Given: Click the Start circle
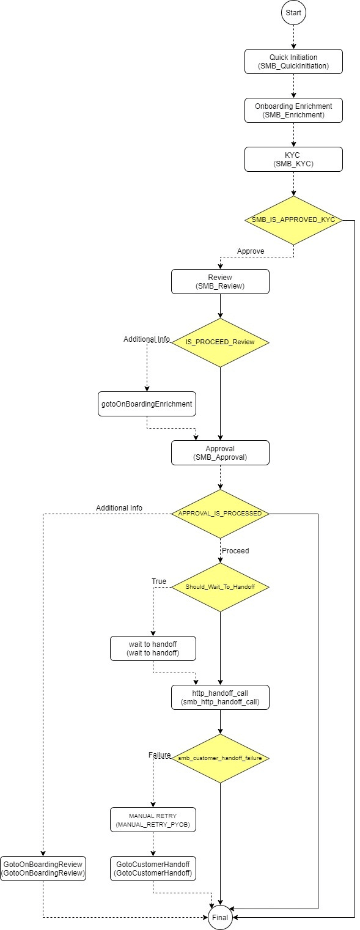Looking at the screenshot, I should tap(293, 12).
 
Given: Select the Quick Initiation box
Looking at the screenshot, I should tap(293, 61).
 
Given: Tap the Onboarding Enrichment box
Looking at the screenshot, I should tap(293, 110).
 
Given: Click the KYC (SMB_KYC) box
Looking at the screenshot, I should tap(293, 159).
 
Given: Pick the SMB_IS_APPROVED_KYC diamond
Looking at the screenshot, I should tap(293, 220).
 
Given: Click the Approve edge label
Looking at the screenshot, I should tap(250, 251).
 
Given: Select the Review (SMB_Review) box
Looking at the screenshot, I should tap(220, 281).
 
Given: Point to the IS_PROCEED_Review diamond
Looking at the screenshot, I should tap(220, 342).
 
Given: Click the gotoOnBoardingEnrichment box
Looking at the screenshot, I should tap(147, 404).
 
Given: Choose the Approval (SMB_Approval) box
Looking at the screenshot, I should tap(220, 452).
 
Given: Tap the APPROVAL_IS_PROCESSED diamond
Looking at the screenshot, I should tap(220, 514).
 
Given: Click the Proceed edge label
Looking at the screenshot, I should tap(235, 550).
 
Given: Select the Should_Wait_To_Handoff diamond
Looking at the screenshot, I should tap(220, 587).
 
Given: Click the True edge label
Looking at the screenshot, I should tap(159, 581).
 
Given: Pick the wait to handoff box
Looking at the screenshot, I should tap(153, 648).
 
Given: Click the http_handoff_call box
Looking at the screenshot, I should tap(220, 697).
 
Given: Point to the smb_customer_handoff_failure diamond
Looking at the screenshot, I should tap(220, 758).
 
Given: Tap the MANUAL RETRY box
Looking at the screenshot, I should tap(153, 819).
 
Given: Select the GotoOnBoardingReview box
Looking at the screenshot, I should tap(43, 868).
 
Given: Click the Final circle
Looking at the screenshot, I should tap(220, 917).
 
